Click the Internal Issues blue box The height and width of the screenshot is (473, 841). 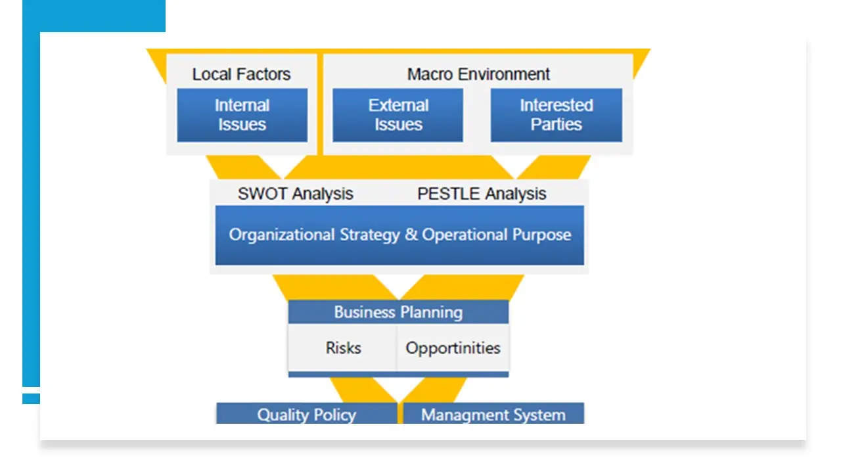point(242,115)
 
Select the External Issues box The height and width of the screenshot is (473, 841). point(398,115)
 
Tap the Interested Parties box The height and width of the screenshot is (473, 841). point(556,115)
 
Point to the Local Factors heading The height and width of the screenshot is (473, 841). point(241,74)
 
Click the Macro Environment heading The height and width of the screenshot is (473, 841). point(479,74)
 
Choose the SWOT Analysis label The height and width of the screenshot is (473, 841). point(296,194)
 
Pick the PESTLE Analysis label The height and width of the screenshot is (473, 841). point(482,194)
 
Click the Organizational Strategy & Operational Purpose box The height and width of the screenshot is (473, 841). point(399,235)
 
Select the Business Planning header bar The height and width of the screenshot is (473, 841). point(398,312)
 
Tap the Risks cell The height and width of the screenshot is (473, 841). point(342,348)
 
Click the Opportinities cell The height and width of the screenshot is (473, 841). point(453,348)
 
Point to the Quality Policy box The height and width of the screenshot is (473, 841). point(307,413)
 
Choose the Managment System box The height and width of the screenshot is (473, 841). point(493,413)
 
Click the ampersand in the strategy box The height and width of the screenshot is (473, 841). point(411,235)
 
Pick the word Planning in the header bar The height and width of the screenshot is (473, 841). point(432,313)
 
